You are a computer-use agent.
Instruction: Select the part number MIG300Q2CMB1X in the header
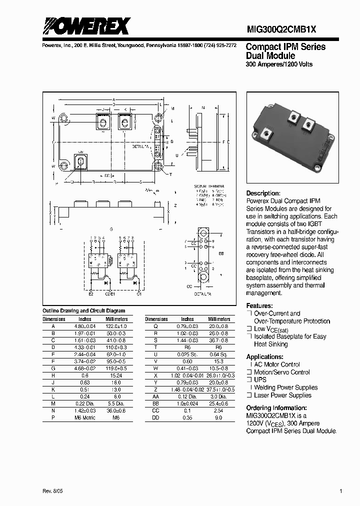[x=281, y=30]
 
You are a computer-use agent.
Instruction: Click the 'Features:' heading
[x=259, y=305]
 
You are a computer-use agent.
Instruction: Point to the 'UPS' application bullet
[x=260, y=379]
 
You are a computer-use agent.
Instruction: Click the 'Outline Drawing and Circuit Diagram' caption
[x=84, y=311]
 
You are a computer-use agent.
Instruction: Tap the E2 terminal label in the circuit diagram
[x=91, y=293]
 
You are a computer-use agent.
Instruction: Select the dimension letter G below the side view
[x=111, y=228]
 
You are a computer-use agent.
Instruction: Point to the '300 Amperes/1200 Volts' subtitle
[x=279, y=64]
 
